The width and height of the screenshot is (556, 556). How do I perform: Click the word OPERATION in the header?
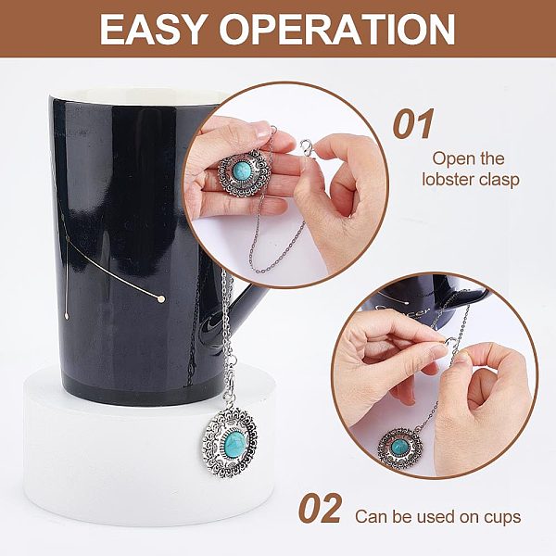click(x=337, y=29)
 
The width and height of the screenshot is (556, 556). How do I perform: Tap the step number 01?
click(x=413, y=124)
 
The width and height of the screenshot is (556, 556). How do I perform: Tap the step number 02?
click(x=321, y=509)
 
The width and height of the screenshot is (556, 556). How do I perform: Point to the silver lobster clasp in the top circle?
click(x=307, y=146)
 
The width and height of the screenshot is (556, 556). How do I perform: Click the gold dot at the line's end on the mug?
click(x=161, y=299)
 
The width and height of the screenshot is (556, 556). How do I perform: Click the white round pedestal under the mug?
click(x=149, y=447)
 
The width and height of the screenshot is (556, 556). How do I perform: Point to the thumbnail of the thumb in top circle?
click(x=263, y=133)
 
